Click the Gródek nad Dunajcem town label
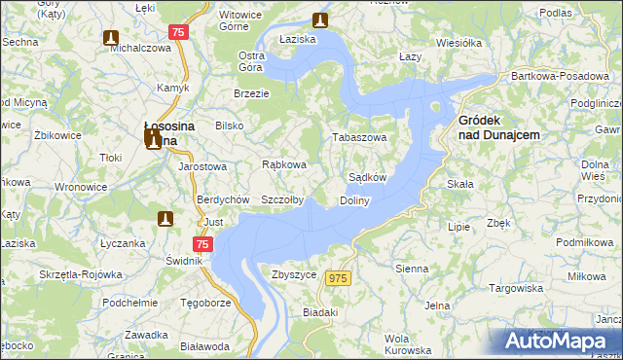[498, 126]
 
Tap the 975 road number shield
[338, 279]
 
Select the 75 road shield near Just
[202, 245]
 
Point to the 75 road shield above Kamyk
[176, 32]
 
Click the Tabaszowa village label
[362, 138]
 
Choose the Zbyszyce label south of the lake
[294, 275]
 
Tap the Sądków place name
[368, 178]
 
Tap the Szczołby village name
[282, 200]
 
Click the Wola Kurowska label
[408, 343]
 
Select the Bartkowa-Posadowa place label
[568, 76]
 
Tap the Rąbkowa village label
[284, 164]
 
